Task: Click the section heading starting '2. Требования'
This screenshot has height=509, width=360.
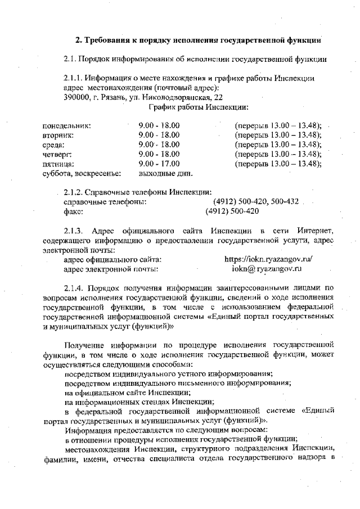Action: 199,40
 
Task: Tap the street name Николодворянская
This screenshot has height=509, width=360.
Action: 177,97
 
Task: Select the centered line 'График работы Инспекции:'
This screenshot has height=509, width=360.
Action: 199,107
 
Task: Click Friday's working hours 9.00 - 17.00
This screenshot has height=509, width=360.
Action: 159,164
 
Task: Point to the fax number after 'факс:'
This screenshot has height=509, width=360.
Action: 232,211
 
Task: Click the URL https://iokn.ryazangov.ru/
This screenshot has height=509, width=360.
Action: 268,259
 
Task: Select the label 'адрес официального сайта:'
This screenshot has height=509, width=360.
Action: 113,259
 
